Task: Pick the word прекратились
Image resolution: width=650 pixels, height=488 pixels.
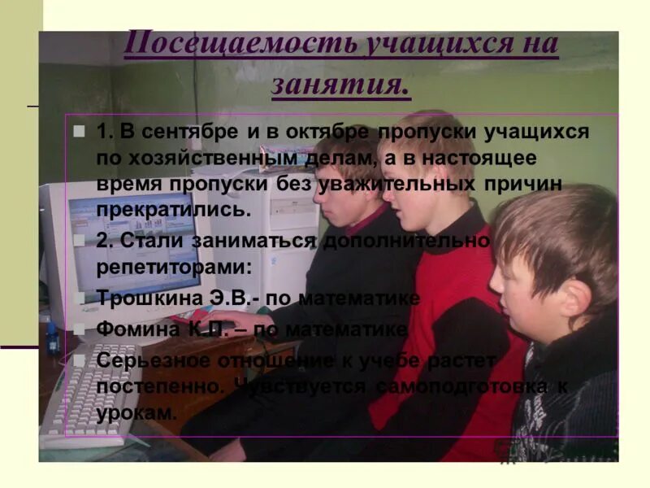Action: coord(170,208)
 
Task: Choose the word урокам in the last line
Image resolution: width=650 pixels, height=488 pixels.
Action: coord(136,412)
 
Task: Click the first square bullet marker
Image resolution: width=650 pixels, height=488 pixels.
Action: coord(79,130)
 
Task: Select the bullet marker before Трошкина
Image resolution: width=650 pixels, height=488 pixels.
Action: coord(79,298)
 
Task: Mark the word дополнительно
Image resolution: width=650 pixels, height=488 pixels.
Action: coord(406,242)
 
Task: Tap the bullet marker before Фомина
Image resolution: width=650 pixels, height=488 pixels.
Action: coord(79,330)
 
